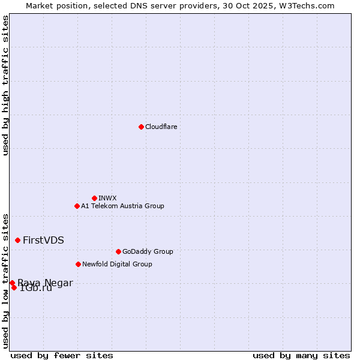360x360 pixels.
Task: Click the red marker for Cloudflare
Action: (141, 127)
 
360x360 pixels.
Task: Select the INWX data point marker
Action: (94, 198)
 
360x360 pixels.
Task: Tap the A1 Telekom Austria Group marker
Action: (77, 206)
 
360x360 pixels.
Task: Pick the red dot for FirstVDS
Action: (17, 240)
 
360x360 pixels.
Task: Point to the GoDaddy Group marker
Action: (118, 251)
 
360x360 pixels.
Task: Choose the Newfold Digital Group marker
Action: (78, 264)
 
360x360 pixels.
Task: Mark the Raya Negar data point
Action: (12, 283)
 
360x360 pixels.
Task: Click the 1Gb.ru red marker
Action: (14, 287)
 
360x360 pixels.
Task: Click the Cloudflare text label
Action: (161, 127)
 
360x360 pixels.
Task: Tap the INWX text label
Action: (107, 198)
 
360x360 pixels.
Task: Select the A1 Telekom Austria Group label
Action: (122, 206)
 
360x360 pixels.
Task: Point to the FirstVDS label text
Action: (43, 240)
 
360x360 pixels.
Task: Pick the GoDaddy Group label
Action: (147, 251)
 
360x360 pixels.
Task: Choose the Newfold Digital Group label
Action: (117, 264)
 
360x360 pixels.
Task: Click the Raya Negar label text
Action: (45, 283)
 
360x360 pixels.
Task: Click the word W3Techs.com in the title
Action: (312, 5)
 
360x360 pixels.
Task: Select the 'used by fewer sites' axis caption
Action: (62, 355)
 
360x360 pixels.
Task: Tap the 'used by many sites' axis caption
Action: (301, 355)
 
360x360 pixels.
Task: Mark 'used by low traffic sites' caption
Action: (5, 281)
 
